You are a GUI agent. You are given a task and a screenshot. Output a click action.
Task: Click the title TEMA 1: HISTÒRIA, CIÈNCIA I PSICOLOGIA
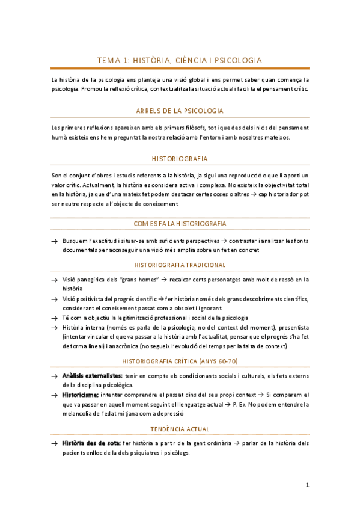[180, 60]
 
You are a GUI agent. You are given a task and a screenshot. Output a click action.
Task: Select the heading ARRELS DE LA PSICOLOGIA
[180, 111]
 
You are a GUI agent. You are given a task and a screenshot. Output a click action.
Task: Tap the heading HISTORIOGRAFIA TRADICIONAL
[180, 265]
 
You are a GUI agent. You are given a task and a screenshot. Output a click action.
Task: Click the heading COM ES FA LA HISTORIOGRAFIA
[180, 224]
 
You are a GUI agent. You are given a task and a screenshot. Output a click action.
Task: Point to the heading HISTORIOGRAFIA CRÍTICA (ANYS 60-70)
[180, 361]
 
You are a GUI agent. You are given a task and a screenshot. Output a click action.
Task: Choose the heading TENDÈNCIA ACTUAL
[180, 429]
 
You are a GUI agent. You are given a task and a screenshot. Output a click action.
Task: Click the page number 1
[307, 485]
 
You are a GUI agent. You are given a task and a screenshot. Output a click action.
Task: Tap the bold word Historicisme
[80, 395]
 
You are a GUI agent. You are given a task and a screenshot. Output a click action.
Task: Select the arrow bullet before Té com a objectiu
[54, 318]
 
